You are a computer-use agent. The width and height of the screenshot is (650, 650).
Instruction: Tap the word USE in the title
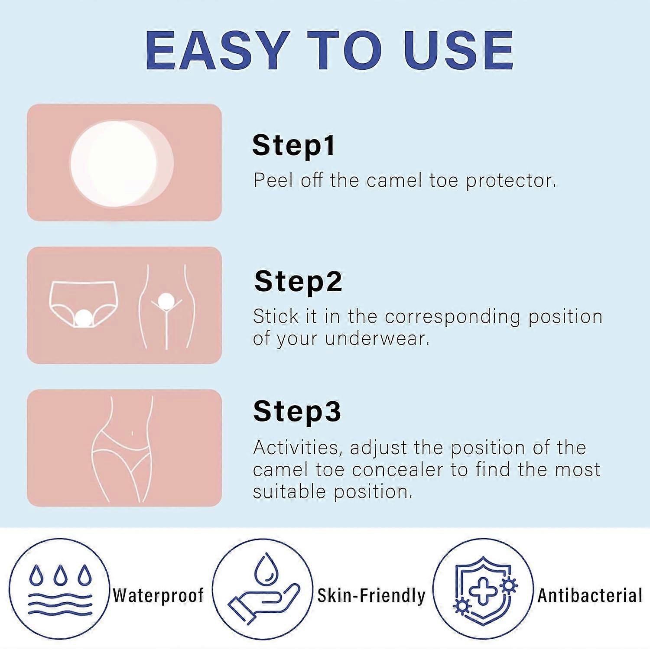(458, 50)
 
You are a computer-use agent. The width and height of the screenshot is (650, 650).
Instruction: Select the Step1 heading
(294, 145)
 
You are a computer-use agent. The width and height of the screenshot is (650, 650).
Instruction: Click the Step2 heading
(298, 282)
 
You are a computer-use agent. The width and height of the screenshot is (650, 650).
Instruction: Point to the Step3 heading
(297, 411)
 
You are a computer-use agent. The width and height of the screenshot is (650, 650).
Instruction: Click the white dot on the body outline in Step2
(166, 301)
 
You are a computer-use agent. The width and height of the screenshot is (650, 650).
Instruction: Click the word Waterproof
(158, 595)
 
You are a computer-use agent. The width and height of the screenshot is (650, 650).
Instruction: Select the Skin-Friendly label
(371, 595)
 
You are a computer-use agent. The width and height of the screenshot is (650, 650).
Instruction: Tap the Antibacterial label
(590, 595)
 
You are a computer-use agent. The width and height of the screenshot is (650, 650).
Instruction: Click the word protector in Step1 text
(511, 180)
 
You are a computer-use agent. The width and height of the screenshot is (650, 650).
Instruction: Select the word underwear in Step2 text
(377, 338)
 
